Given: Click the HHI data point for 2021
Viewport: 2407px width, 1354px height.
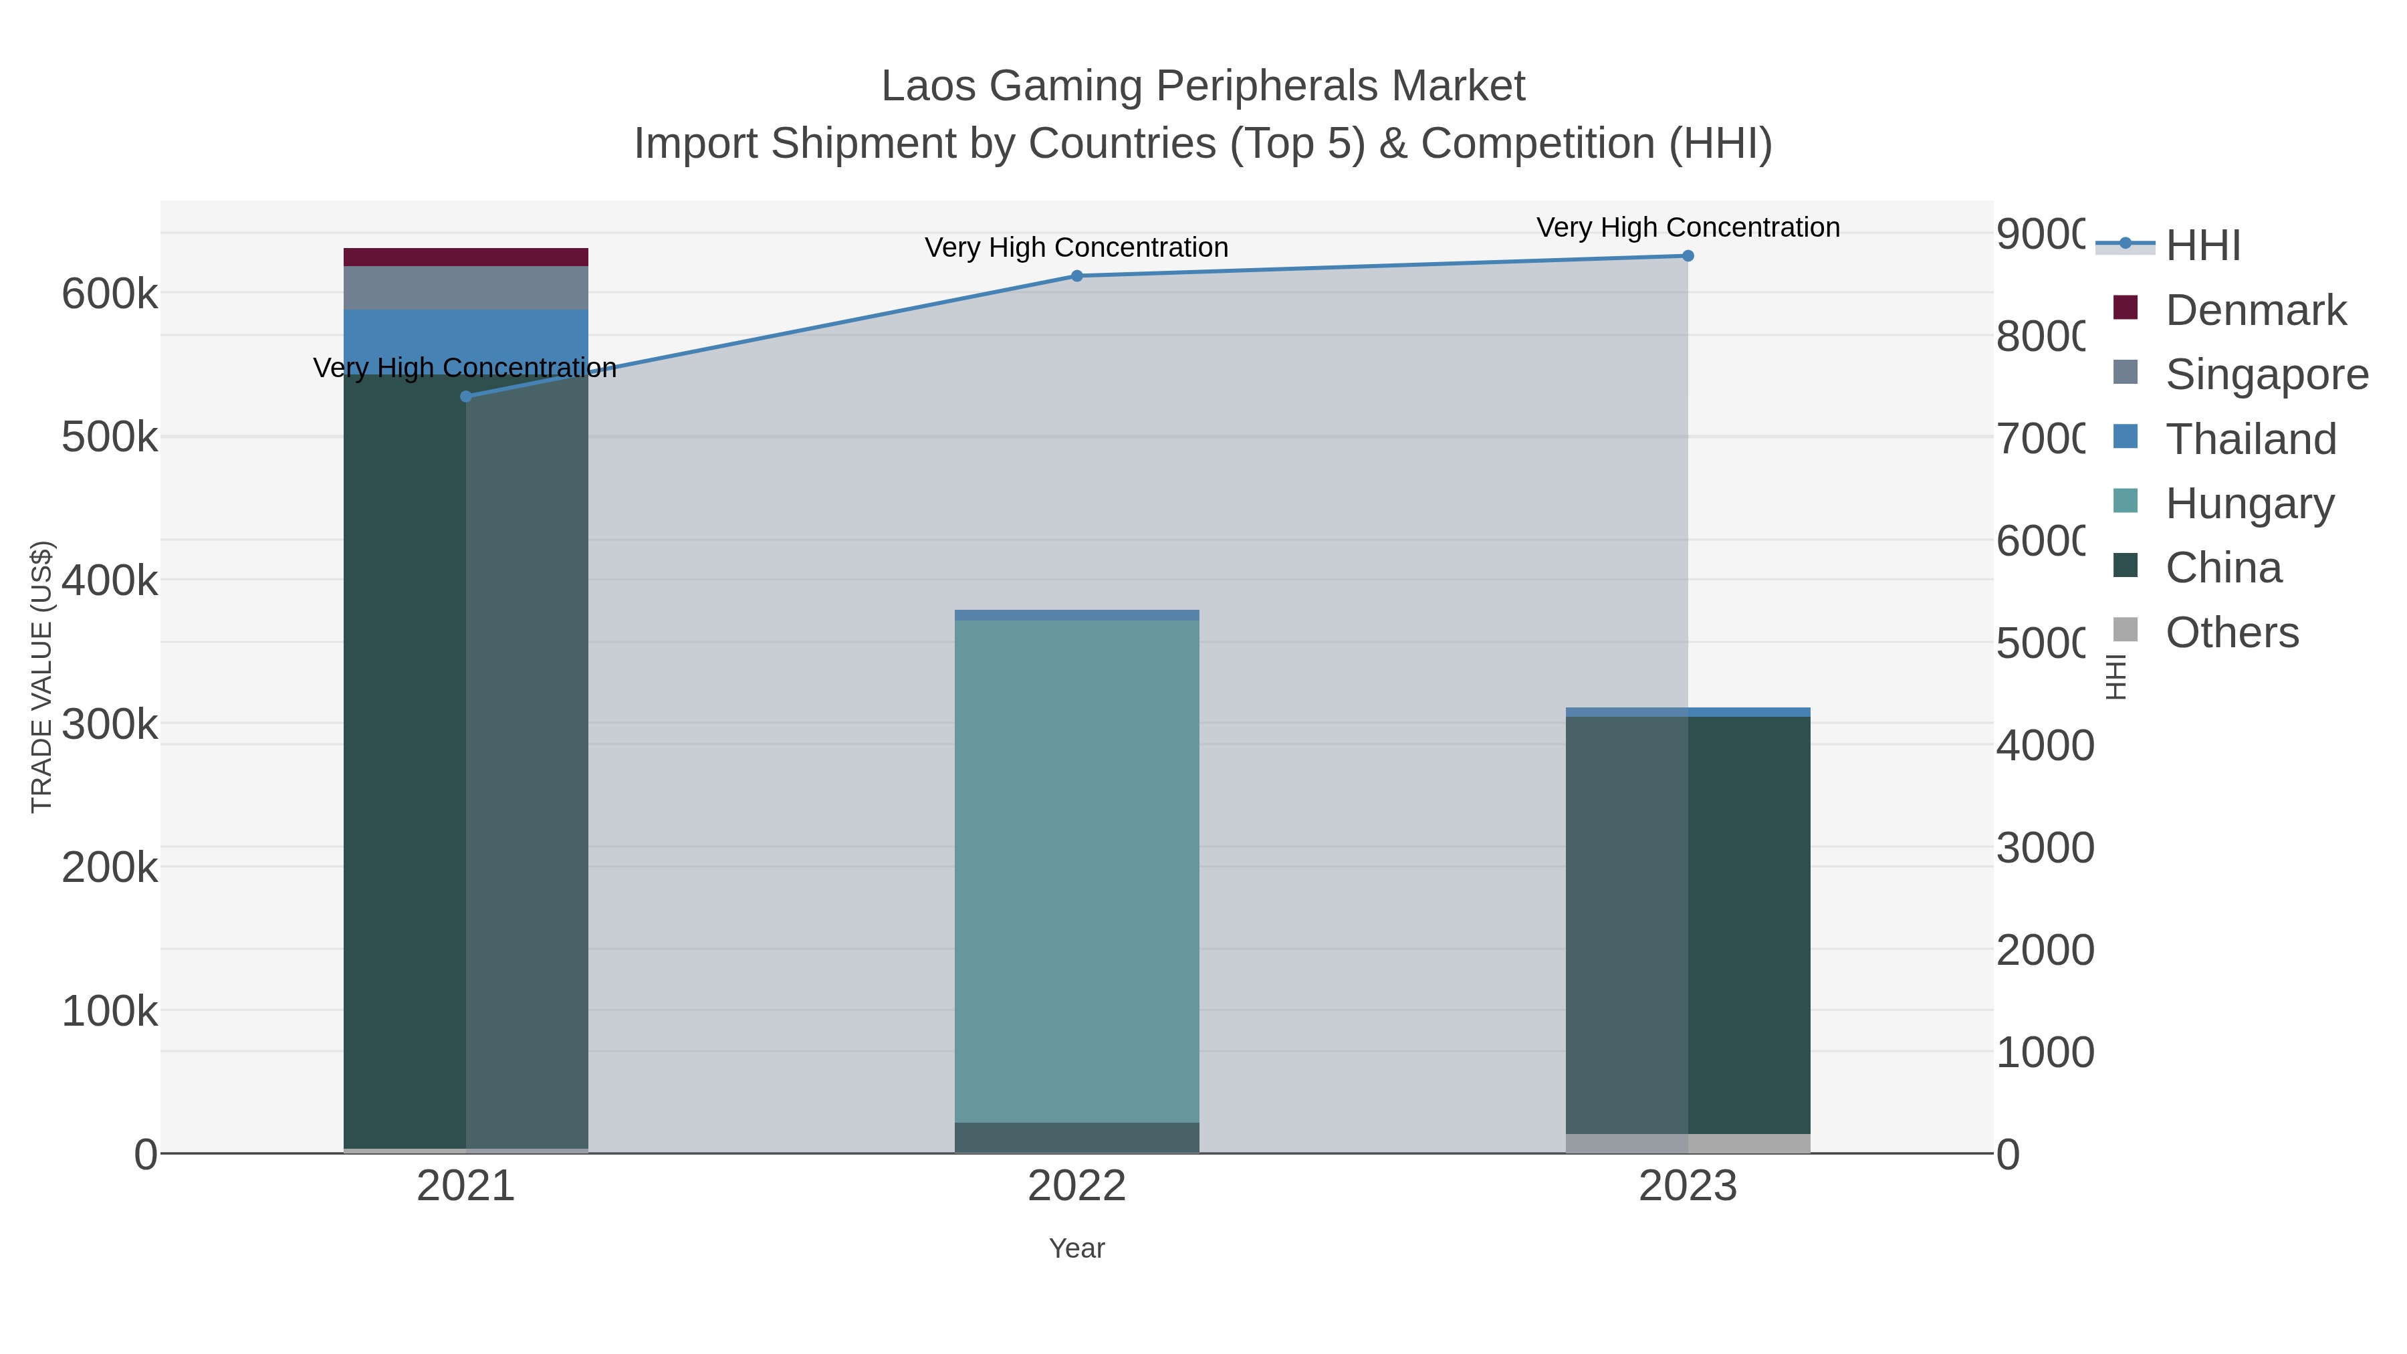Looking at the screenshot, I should tap(466, 397).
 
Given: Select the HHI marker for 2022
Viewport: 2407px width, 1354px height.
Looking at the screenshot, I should tap(1076, 275).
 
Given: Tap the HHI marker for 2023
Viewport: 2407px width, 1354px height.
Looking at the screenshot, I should tap(1688, 256).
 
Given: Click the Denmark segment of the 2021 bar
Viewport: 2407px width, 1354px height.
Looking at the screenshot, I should tap(466, 257).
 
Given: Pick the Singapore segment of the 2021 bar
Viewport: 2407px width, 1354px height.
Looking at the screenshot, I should tap(466, 288).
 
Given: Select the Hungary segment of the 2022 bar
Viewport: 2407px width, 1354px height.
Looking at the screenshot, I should tap(1076, 869).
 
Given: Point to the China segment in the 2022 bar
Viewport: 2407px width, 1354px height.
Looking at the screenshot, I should tap(1076, 1137).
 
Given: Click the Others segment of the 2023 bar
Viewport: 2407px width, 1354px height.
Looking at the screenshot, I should tap(1688, 1143).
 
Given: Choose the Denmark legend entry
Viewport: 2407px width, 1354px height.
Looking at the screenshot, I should tap(2255, 310).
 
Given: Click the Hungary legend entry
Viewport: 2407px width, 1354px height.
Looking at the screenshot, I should tap(2249, 503).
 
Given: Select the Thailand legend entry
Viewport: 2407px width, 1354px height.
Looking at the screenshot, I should tap(2250, 439).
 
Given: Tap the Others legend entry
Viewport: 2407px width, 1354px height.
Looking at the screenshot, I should tap(2231, 633).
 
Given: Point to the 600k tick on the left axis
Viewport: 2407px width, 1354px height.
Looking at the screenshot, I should tap(110, 294).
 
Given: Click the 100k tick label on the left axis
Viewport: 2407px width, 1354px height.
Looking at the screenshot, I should tap(110, 1011).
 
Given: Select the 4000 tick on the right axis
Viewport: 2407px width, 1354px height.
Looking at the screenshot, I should tap(2045, 746).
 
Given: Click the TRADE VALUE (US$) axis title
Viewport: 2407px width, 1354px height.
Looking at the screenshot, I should tap(42, 677).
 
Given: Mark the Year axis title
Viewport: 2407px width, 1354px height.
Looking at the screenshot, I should tap(1076, 1248).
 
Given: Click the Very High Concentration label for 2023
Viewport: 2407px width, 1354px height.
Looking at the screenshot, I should tap(1688, 227).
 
